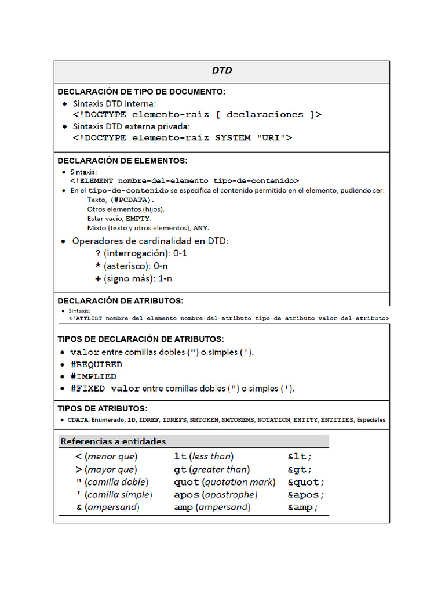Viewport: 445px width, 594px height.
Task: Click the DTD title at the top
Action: pyautogui.click(x=221, y=71)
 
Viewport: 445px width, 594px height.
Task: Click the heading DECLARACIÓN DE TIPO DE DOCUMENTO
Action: pyautogui.click(x=141, y=92)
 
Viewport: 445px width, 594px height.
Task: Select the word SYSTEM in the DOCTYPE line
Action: pyautogui.click(x=236, y=138)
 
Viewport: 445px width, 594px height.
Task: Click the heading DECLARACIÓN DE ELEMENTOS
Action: pyautogui.click(x=122, y=161)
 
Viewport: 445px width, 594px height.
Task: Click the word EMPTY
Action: pyautogui.click(x=138, y=219)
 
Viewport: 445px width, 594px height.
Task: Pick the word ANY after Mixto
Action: pyautogui.click(x=200, y=228)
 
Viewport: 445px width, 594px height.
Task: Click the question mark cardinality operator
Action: pyautogui.click(x=97, y=253)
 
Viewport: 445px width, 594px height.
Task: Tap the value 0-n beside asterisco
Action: pyautogui.click(x=161, y=266)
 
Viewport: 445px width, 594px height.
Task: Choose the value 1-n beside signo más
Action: pyautogui.click(x=166, y=278)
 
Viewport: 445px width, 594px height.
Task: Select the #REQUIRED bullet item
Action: pyautogui.click(x=96, y=364)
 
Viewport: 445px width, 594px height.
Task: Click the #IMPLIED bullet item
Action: pyautogui.click(x=93, y=376)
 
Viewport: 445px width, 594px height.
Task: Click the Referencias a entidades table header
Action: pyautogui.click(x=113, y=441)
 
